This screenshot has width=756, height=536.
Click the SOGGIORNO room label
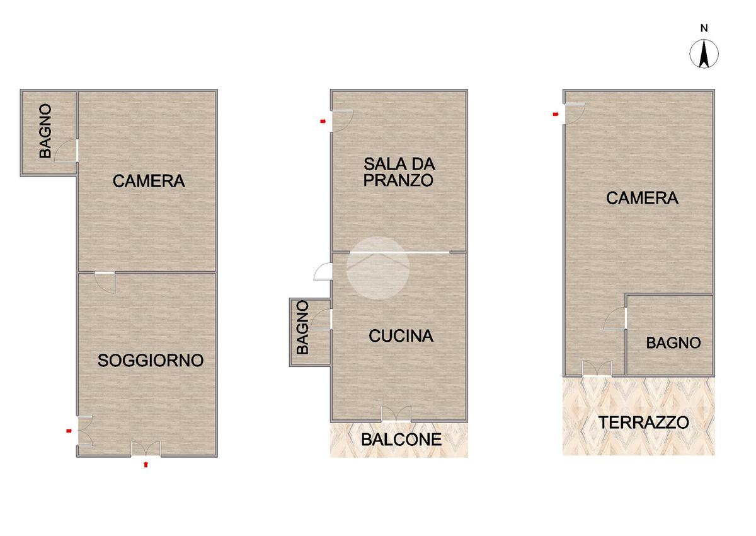[151, 361]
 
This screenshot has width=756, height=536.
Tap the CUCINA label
[401, 335]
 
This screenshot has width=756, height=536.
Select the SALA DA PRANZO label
[399, 172]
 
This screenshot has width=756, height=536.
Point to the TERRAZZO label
[644, 422]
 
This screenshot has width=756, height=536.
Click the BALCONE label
[401, 440]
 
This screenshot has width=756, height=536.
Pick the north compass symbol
[704, 54]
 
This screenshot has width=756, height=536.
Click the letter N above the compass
[704, 28]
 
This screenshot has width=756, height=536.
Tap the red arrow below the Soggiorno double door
[146, 464]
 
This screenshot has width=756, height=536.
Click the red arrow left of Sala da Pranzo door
[323, 121]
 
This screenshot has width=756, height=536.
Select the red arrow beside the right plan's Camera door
[556, 114]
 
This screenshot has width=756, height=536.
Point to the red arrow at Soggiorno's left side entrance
[69, 431]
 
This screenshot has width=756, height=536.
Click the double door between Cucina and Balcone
[396, 414]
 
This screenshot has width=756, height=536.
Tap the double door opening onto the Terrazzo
[597, 368]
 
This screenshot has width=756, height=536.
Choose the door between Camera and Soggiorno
[105, 283]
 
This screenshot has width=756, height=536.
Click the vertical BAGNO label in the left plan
[45, 131]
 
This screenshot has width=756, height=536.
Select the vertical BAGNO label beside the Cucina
[302, 327]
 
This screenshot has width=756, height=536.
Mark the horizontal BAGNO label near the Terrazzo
[673, 343]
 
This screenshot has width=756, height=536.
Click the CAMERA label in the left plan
[149, 181]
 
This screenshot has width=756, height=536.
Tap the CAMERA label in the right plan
[642, 198]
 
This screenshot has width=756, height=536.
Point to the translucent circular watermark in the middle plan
[378, 268]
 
